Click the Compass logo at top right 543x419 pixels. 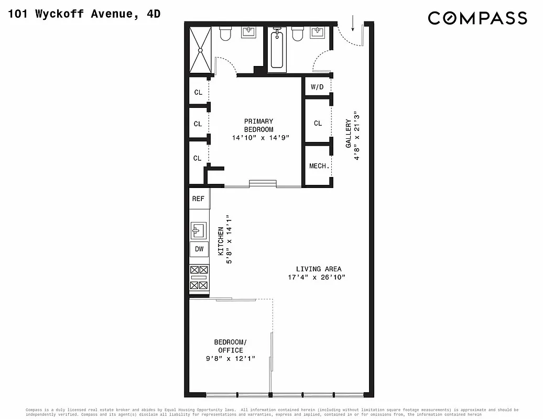(x=477, y=18)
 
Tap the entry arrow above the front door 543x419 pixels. (x=353, y=22)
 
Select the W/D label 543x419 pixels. (x=317, y=87)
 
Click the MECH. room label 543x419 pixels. (x=319, y=166)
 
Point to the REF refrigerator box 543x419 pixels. (x=198, y=199)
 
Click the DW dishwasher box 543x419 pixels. (x=199, y=249)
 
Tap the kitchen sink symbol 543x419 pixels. (x=199, y=229)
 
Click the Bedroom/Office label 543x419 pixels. (x=230, y=346)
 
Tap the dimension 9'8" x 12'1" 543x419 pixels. (x=230, y=359)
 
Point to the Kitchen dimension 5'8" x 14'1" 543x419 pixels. (x=229, y=238)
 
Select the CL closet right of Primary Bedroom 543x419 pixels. (x=318, y=123)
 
